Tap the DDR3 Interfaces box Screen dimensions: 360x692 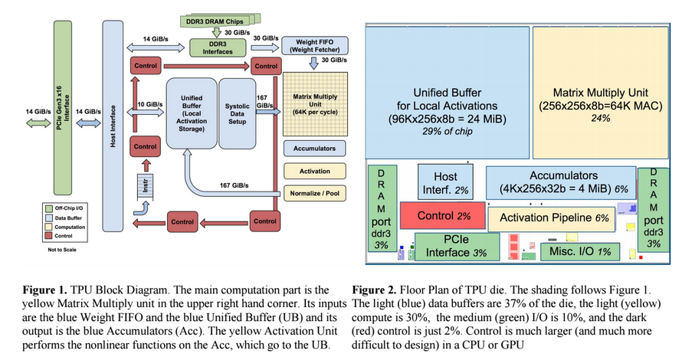(x=217, y=47)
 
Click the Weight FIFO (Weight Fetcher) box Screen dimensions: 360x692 (x=315, y=46)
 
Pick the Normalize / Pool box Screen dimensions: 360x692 (x=315, y=193)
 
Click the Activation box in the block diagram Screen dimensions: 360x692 (x=315, y=170)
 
